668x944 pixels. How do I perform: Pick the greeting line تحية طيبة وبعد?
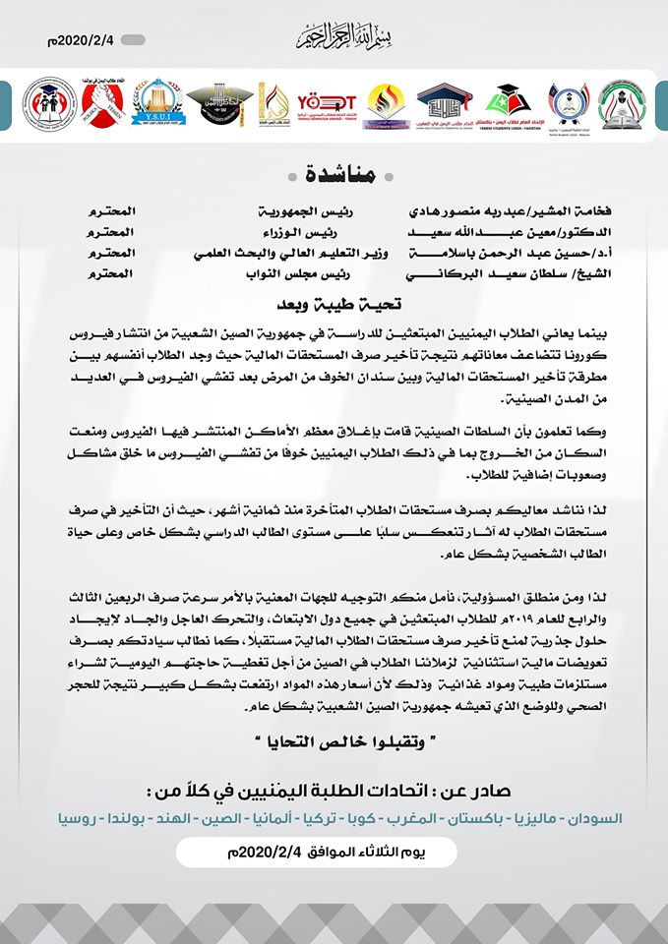334,304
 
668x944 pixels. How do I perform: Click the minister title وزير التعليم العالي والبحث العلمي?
290,252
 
